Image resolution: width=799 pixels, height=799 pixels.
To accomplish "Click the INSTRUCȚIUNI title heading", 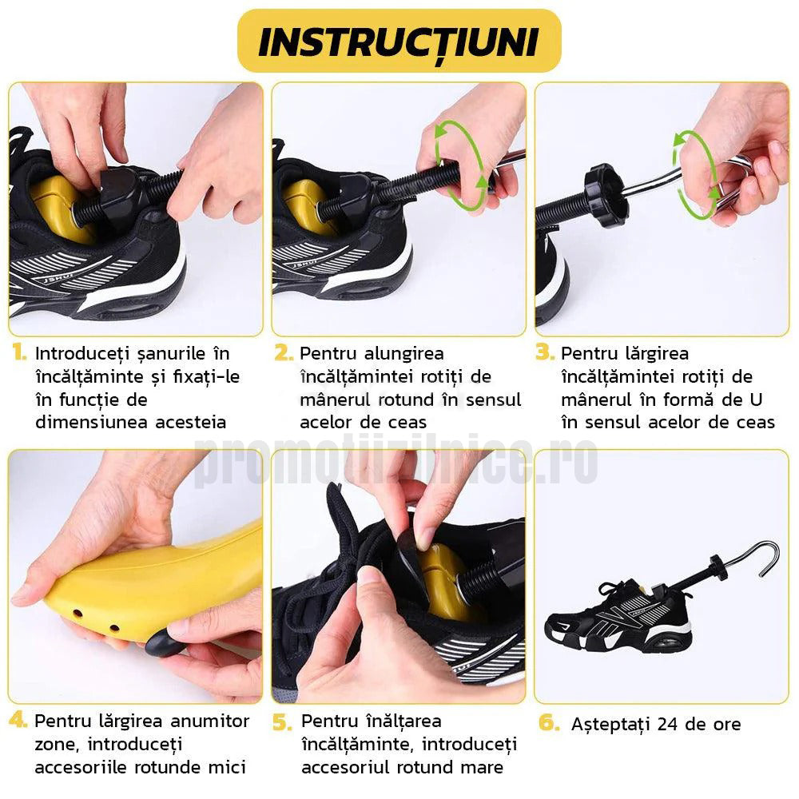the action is click(399, 42).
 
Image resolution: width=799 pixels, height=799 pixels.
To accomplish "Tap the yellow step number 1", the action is click(20, 352).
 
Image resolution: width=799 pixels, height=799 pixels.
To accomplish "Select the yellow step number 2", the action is click(284, 352).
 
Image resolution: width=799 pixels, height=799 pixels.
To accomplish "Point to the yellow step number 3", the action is click(545, 352).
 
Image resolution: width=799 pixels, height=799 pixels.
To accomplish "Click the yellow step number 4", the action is click(18, 720).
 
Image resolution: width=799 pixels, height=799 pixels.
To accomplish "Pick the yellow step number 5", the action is click(282, 722).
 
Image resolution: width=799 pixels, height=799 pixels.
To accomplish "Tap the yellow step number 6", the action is click(549, 722).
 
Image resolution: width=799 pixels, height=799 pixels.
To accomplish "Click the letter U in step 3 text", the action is click(756, 399).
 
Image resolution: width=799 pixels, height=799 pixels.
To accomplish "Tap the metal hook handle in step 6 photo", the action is click(750, 558).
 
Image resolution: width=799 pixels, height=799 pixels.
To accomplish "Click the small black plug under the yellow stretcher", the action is click(162, 643).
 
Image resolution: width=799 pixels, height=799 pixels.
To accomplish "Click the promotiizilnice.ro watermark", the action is click(396, 460).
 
